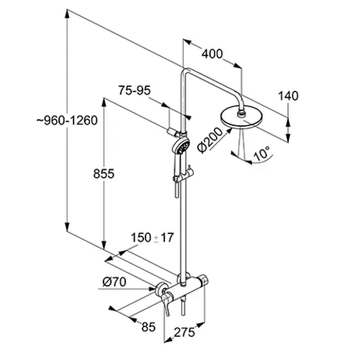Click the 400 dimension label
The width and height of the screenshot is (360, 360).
coord(212,54)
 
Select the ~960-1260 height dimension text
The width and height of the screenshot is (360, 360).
coord(67,120)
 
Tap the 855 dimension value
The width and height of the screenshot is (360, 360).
coord(104,174)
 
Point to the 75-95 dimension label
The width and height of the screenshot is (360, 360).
coord(135,91)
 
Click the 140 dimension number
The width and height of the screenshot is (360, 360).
coord(288,96)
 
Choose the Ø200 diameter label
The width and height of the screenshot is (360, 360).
coord(210,140)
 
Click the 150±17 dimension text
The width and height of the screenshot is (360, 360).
coord(152,238)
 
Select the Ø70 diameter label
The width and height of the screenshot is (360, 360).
coord(114,282)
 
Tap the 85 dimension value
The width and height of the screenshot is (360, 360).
coord(148,327)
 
